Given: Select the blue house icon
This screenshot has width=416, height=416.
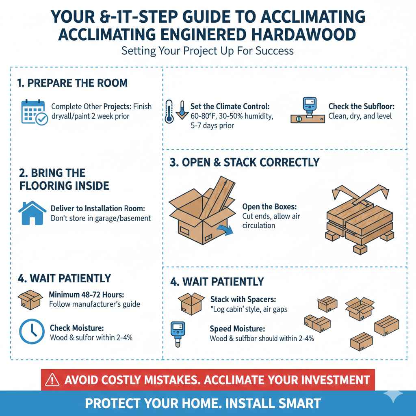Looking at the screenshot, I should (x=32, y=212).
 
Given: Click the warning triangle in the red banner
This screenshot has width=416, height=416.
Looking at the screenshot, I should (x=52, y=380).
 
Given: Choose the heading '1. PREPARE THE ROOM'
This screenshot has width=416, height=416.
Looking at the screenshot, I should (x=72, y=83).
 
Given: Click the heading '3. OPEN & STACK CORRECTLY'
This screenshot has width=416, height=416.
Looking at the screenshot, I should (x=245, y=162).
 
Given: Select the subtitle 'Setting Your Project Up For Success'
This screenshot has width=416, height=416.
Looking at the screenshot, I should (x=208, y=52).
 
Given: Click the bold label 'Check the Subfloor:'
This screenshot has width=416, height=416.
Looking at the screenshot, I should (x=361, y=106).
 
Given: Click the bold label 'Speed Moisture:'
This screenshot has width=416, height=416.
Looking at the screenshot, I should (x=238, y=329).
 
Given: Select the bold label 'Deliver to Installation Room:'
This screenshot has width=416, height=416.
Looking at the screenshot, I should (x=97, y=208).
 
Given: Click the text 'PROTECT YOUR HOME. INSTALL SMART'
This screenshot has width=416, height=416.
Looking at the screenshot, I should (x=203, y=403).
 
